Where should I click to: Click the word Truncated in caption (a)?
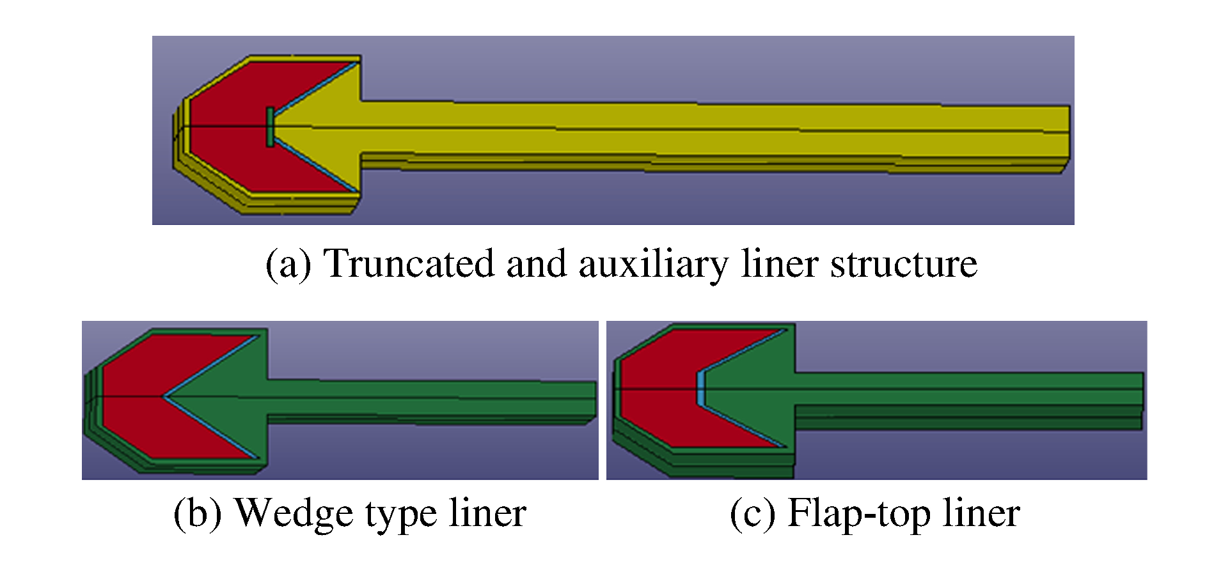409,263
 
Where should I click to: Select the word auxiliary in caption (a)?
653,263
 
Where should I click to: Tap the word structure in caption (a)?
904,263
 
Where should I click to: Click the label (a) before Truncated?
288,263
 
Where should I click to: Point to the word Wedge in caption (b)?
286,513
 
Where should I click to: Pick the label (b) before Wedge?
197,513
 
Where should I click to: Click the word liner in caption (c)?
981,513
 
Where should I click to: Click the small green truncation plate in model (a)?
271,127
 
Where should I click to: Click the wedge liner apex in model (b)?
165,396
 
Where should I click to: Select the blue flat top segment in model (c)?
700,388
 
